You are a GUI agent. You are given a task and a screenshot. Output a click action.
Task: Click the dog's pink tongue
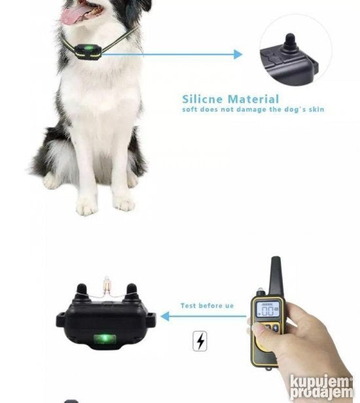[75, 14]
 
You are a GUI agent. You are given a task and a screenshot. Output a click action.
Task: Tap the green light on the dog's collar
[88, 48]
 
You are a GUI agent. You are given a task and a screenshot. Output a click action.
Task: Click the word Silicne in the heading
[202, 99]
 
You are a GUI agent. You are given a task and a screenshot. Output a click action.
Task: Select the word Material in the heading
[253, 99]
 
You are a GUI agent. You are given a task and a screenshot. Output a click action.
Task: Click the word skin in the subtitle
[316, 109]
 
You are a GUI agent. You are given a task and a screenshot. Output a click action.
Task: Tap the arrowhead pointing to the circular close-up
[238, 54]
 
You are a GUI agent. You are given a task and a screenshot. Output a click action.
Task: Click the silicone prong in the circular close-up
[290, 44]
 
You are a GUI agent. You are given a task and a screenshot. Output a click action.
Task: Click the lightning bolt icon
[200, 341]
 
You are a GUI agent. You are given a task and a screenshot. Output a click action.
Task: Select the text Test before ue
[207, 306]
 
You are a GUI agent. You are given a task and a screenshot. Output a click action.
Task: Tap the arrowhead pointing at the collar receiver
[165, 316]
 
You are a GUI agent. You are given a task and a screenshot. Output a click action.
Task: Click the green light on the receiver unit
[105, 338]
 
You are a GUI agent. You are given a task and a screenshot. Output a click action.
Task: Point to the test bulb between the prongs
[106, 285]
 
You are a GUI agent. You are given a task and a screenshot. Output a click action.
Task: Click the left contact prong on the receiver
[82, 292]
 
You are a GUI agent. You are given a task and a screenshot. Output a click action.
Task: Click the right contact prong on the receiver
[132, 292]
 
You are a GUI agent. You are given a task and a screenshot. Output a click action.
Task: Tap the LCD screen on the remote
[268, 309]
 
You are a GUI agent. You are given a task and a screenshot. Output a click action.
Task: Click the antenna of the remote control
[276, 275]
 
